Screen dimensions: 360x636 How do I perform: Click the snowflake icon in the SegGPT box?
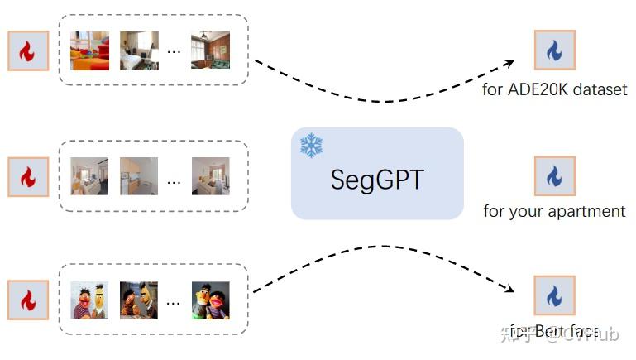coord(311,146)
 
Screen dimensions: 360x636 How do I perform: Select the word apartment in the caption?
coord(591,211)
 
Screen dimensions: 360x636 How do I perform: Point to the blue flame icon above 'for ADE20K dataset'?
coord(554,50)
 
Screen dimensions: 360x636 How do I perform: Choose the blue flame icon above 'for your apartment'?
coord(554,175)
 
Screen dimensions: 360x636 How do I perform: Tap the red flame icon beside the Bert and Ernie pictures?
coord(28,300)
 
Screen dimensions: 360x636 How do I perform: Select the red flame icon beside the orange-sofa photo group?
coord(28,51)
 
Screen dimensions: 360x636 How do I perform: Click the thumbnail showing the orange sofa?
coord(89,50)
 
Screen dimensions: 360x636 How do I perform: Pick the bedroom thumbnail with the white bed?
coord(139,50)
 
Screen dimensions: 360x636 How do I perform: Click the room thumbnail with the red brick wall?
coord(210,50)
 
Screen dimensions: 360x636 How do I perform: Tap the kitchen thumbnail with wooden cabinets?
coord(139,175)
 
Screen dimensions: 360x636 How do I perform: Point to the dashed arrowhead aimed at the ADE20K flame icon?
coord(509,63)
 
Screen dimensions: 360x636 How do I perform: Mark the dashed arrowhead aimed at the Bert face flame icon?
coord(509,289)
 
